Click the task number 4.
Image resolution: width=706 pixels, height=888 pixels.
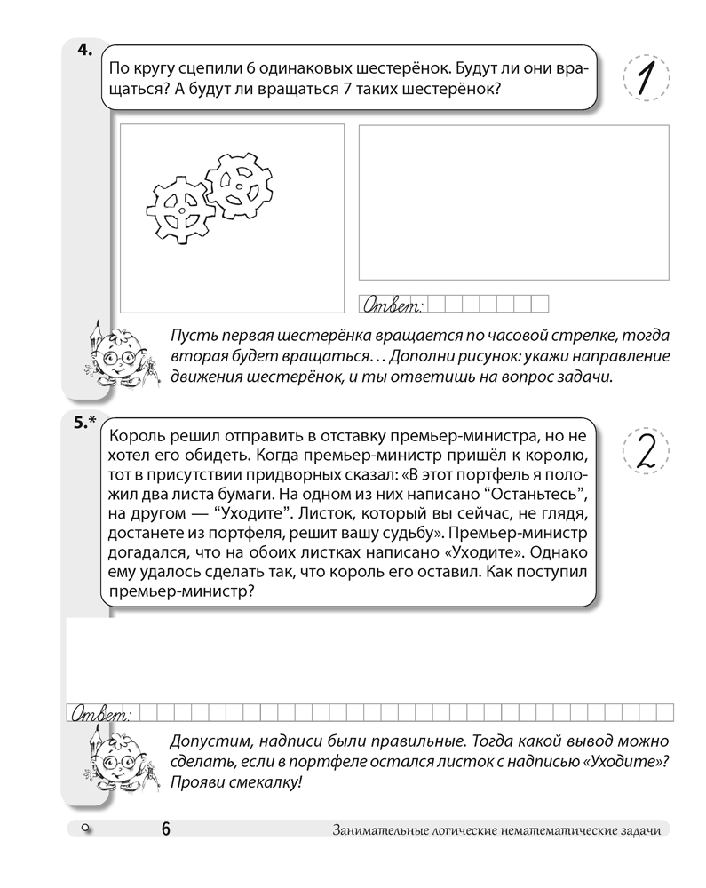(x=84, y=51)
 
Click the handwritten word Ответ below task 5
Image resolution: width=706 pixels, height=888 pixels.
(x=99, y=713)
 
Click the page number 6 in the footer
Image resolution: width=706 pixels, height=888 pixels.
(x=166, y=829)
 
